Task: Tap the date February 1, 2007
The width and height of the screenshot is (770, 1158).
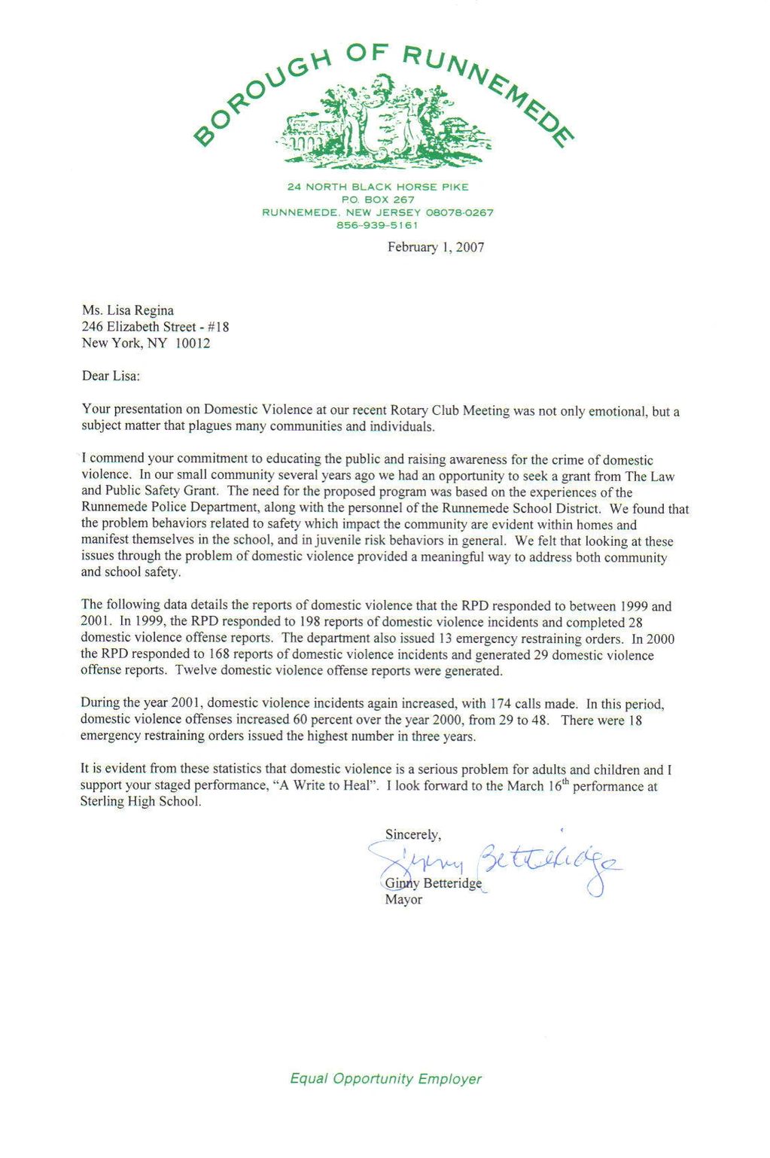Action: point(436,247)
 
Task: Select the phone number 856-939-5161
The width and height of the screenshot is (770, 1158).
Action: point(377,225)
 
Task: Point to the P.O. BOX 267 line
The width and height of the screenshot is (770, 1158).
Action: point(378,200)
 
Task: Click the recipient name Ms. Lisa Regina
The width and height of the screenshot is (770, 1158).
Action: point(128,310)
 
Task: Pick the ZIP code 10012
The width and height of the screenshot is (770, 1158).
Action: point(193,343)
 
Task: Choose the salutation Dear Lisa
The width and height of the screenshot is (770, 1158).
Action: point(111,376)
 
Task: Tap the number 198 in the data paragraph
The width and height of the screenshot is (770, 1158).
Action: point(311,622)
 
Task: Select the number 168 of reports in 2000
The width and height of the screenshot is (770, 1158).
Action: point(220,654)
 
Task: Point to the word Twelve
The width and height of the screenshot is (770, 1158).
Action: point(196,671)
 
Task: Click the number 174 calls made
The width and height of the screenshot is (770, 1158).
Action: point(500,703)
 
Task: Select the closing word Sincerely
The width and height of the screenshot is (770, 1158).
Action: point(412,834)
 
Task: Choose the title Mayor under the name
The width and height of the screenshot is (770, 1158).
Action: point(403,900)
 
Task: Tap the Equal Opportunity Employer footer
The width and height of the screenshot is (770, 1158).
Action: point(385,1078)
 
